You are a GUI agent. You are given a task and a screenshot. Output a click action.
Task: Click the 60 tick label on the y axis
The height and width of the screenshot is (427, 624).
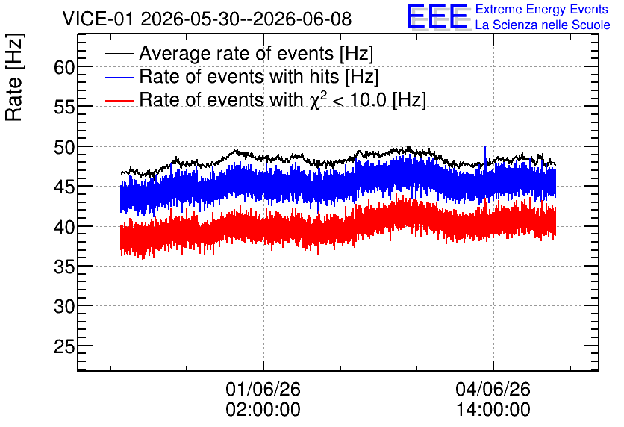64,68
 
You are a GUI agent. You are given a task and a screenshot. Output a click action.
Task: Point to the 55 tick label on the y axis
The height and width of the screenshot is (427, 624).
64,107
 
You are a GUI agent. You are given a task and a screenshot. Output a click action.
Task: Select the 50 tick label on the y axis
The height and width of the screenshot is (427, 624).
64,148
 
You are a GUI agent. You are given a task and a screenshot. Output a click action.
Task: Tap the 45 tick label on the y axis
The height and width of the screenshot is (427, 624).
64,187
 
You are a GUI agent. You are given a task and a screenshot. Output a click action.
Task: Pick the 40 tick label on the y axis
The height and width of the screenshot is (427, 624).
64,227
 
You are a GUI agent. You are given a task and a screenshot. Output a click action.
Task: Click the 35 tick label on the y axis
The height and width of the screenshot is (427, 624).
64,267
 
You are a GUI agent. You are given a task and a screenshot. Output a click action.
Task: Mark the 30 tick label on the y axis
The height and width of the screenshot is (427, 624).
64,307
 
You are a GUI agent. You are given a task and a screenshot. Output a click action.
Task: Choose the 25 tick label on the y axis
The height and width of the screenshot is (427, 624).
64,347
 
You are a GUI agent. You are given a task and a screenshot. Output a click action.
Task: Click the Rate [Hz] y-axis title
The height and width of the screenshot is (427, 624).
14,78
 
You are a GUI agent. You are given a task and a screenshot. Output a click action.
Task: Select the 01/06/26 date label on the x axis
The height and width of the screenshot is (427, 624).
263,389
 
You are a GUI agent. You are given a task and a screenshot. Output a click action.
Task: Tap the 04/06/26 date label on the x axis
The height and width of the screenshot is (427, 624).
493,389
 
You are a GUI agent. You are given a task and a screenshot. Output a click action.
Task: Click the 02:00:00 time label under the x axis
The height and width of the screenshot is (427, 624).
263,410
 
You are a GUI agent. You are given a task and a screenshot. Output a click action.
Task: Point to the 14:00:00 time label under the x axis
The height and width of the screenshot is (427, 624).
493,410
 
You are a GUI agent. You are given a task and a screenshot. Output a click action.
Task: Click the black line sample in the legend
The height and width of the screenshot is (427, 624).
119,53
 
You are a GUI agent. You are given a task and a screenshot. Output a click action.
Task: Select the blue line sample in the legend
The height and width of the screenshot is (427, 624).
119,77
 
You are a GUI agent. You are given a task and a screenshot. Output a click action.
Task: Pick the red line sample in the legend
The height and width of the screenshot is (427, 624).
119,100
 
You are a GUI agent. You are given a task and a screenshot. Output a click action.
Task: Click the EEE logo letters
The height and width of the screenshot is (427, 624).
437,16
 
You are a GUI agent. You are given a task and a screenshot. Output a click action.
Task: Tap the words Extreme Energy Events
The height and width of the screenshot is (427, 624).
542,9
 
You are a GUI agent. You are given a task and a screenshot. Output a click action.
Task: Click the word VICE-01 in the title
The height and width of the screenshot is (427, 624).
98,19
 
